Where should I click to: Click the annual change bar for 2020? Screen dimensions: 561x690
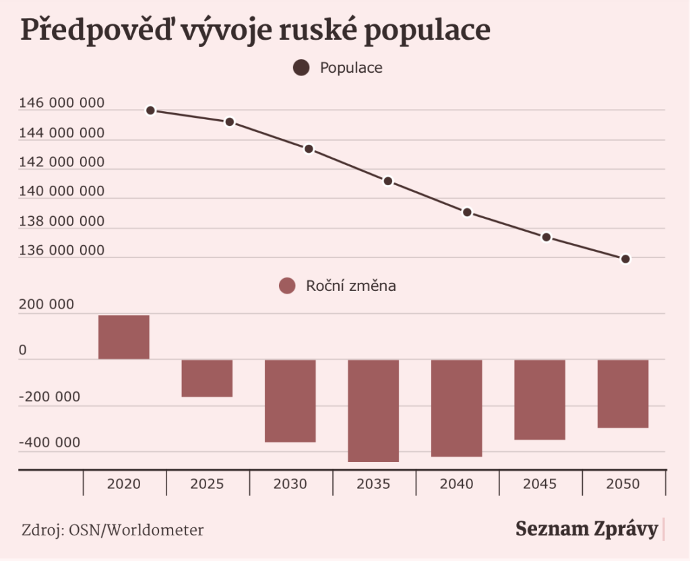tap(124, 337)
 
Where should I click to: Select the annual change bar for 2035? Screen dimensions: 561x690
tap(373, 410)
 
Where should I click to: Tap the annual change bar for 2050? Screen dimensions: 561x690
tap(623, 393)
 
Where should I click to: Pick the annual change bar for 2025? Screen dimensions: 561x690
tap(207, 378)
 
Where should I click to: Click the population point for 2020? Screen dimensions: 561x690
tap(150, 110)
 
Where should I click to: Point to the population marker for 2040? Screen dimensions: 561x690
tap(467, 212)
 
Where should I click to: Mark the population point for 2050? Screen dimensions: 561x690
tap(625, 259)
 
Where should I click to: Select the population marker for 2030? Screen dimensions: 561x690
tap(309, 149)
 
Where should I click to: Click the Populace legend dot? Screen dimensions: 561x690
tap(301, 68)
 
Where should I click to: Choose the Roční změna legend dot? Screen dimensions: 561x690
tap(288, 286)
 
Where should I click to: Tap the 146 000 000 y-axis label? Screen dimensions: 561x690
tap(62, 104)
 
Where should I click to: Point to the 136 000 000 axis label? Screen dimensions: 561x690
tap(62, 251)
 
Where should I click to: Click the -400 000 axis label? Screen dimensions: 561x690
tap(50, 442)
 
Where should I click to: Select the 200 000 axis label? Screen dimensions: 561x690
tap(46, 304)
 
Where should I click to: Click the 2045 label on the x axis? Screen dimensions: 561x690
tap(540, 484)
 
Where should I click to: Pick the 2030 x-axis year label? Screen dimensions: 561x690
tap(290, 484)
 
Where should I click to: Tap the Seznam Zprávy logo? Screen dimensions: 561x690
tap(587, 529)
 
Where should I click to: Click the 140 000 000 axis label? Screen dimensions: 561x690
tap(62, 192)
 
